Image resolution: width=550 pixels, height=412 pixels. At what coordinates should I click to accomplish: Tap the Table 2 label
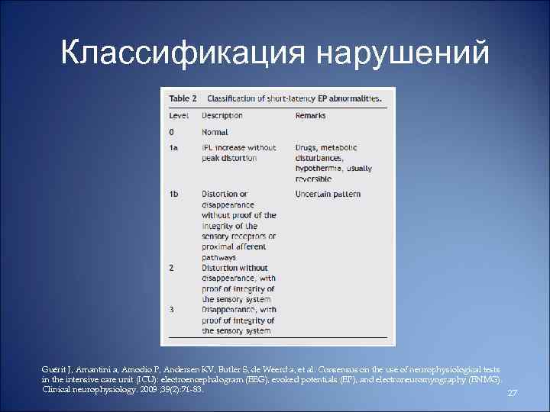183,98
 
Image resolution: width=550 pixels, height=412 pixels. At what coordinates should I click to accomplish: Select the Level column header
179,116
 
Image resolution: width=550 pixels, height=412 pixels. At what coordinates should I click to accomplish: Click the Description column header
222,116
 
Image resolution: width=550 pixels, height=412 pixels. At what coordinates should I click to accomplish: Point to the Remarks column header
310,116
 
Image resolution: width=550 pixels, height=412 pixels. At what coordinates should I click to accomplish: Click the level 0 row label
172,132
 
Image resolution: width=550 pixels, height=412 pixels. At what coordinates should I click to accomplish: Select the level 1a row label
174,147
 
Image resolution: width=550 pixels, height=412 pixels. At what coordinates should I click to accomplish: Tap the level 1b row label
175,195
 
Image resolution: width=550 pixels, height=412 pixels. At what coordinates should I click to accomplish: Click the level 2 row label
172,269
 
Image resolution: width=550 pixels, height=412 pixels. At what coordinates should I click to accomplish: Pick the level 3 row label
172,311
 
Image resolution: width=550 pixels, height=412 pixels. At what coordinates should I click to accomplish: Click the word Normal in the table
215,132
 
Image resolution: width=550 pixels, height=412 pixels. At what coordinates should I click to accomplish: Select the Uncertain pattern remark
328,195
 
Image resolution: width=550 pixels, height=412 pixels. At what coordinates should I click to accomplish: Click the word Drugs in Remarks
307,147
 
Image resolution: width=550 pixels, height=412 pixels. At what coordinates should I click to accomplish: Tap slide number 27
513,392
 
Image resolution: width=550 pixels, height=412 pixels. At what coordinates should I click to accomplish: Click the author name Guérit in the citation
53,369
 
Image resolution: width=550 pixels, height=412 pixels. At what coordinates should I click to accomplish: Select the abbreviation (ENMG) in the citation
484,378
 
